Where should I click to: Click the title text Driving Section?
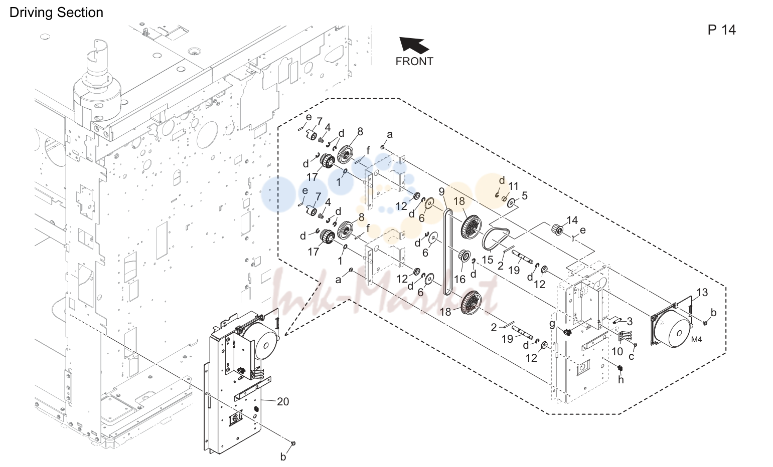pyautogui.click(x=56, y=13)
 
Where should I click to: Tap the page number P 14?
pyautogui.click(x=721, y=30)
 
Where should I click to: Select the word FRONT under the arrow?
pyautogui.click(x=414, y=61)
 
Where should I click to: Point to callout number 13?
pyautogui.click(x=702, y=292)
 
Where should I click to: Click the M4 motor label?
pyautogui.click(x=696, y=340)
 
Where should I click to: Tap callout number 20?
pyautogui.click(x=283, y=401)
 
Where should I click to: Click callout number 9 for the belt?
pyautogui.click(x=442, y=191)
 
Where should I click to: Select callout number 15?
pyautogui.click(x=487, y=260)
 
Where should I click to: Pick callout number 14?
pyautogui.click(x=572, y=220)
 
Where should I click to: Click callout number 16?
pyautogui.click(x=459, y=279)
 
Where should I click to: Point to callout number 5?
pyautogui.click(x=525, y=196)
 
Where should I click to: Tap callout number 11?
pyautogui.click(x=514, y=186)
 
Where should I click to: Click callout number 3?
pyautogui.click(x=630, y=321)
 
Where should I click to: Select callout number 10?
pyautogui.click(x=617, y=352)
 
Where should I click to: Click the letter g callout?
pyautogui.click(x=552, y=325)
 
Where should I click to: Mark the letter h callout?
pyautogui.click(x=621, y=380)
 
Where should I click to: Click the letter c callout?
pyautogui.click(x=631, y=356)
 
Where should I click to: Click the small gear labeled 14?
pyautogui.click(x=557, y=229)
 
